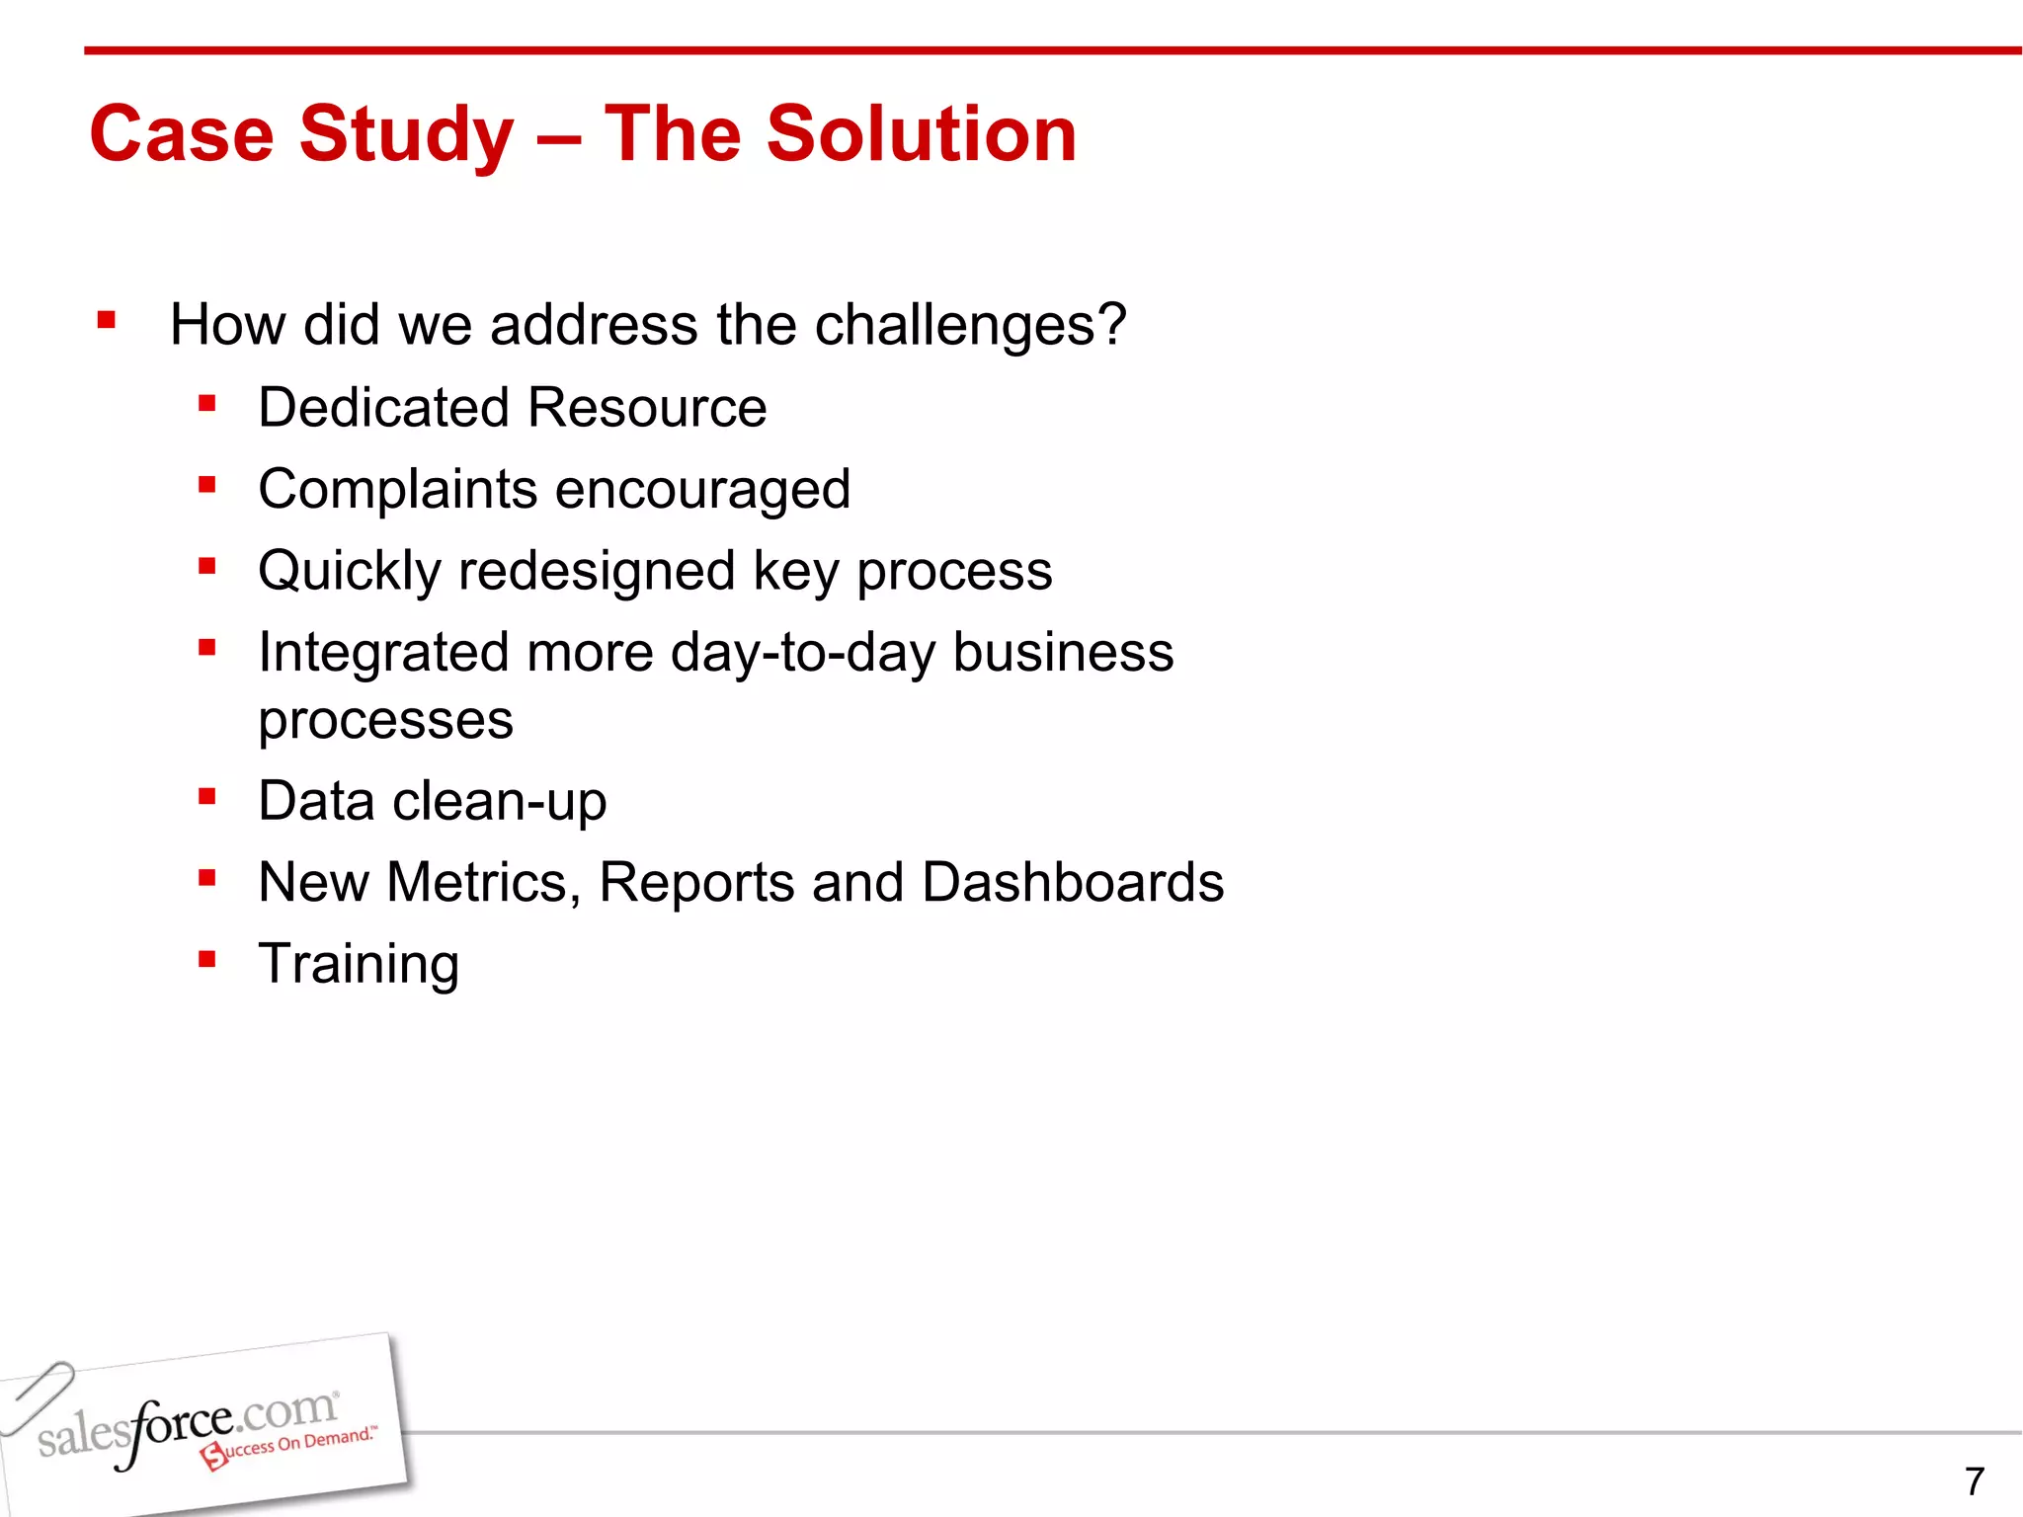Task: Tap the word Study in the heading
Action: click(406, 135)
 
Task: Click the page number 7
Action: click(1974, 1481)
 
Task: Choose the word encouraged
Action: click(702, 490)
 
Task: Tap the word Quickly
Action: click(349, 572)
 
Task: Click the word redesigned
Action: click(597, 571)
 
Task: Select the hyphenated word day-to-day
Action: click(802, 653)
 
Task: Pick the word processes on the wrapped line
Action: click(385, 720)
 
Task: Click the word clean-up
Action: click(499, 801)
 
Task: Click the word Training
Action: click(359, 965)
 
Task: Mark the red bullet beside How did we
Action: click(107, 320)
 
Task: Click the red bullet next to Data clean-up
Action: click(206, 796)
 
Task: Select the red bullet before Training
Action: click(206, 959)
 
